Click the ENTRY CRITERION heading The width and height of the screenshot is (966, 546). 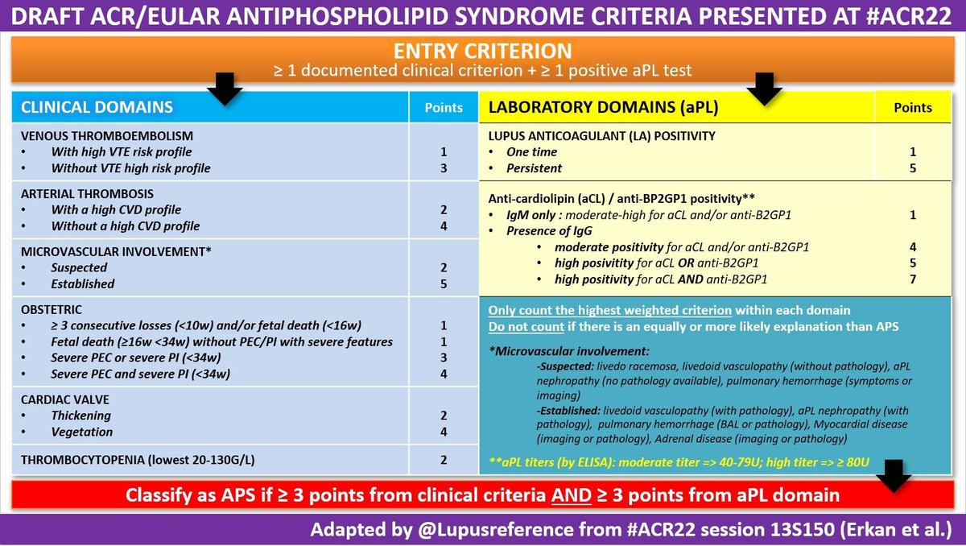(x=482, y=51)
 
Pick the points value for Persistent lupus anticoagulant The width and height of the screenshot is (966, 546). (x=912, y=168)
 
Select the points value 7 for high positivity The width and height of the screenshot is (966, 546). (x=912, y=279)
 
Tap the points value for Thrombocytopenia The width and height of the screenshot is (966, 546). (x=443, y=461)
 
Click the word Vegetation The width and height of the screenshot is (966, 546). (x=82, y=432)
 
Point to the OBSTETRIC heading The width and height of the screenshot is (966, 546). (x=52, y=309)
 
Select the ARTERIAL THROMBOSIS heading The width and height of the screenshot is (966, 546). (x=88, y=193)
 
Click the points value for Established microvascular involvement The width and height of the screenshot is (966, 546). (x=443, y=283)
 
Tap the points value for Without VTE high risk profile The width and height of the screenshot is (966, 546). (x=443, y=168)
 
